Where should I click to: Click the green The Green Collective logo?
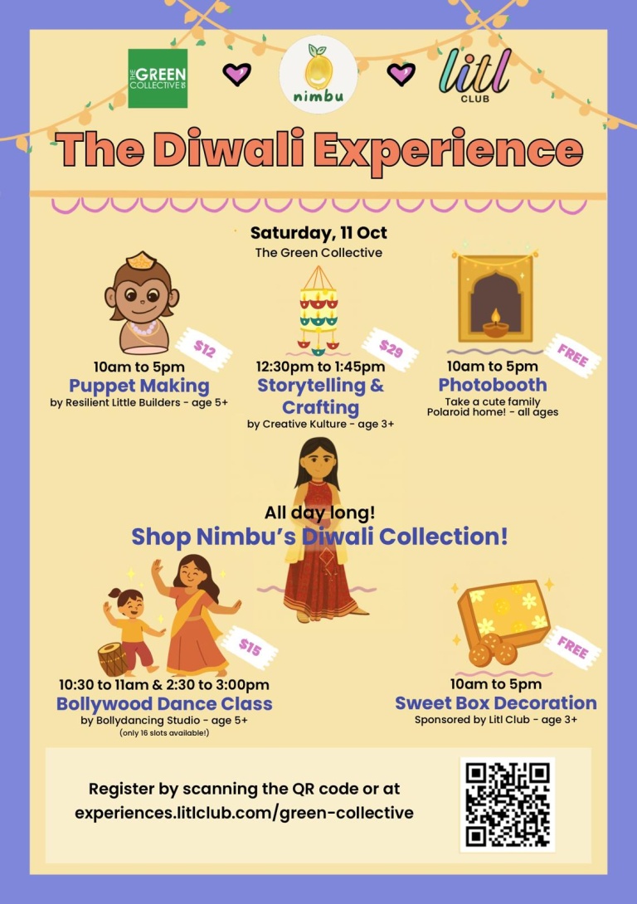(x=158, y=78)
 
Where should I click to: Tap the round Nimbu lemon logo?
(x=318, y=75)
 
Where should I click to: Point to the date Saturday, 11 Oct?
(x=318, y=233)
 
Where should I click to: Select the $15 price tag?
(x=249, y=644)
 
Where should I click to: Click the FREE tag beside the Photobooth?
(x=574, y=354)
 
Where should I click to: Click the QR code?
(x=508, y=804)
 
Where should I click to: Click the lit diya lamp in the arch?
(x=495, y=320)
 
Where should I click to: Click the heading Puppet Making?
(x=139, y=386)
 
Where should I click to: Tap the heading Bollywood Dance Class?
(x=164, y=703)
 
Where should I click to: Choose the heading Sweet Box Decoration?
(x=495, y=702)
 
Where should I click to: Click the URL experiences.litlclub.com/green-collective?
(x=244, y=813)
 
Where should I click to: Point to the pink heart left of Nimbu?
(x=237, y=75)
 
